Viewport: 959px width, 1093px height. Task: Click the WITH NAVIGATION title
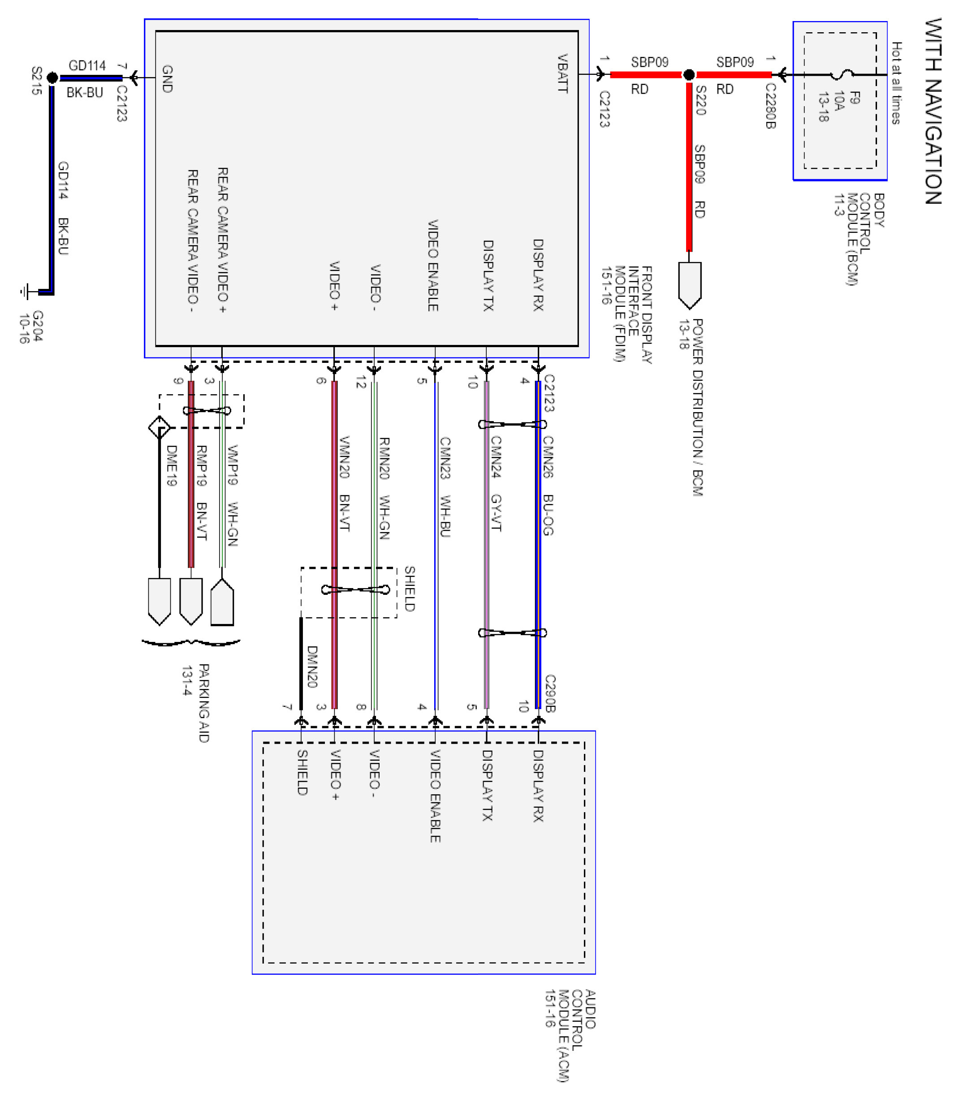click(x=932, y=111)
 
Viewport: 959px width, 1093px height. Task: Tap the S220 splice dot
click(x=689, y=74)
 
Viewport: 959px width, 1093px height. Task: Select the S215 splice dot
click(x=52, y=77)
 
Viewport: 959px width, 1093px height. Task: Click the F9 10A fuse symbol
click(x=843, y=74)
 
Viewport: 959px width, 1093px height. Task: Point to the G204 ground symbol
click(x=25, y=292)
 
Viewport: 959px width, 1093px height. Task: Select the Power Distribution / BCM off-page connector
click(x=689, y=285)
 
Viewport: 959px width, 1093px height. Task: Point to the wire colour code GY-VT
click(x=496, y=512)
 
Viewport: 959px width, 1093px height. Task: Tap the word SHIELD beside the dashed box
click(x=409, y=588)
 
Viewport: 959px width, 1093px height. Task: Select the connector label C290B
click(x=550, y=693)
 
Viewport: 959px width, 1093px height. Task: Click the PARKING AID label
click(x=204, y=703)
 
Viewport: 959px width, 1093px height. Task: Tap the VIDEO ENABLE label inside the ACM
click(x=436, y=796)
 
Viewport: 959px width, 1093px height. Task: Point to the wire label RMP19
click(x=201, y=465)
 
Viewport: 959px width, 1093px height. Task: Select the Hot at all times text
click(x=896, y=83)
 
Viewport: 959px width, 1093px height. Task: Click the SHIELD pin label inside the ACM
click(x=302, y=772)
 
